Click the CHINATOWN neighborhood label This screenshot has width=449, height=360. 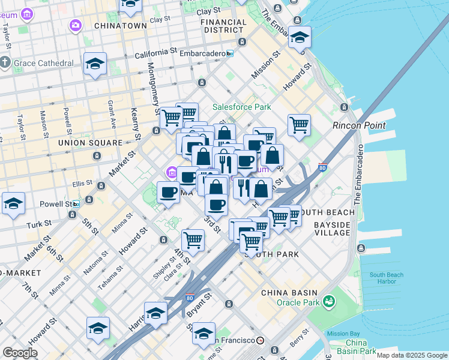[x=120, y=26]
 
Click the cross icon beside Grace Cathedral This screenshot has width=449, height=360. [x=5, y=62]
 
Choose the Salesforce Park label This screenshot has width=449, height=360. [x=241, y=107]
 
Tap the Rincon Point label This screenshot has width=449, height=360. [x=359, y=125]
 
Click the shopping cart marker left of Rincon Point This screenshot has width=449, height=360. [x=299, y=125]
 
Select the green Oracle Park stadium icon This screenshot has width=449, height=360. [x=328, y=301]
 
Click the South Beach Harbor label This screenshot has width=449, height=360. [x=387, y=278]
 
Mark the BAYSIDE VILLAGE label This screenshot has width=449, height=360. [x=332, y=229]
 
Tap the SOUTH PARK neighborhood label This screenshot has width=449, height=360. [x=275, y=254]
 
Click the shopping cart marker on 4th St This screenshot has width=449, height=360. [x=193, y=240]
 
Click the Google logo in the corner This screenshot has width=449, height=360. [x=20, y=353]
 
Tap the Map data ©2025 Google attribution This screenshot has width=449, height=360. [x=411, y=355]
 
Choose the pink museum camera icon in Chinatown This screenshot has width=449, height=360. [x=76, y=25]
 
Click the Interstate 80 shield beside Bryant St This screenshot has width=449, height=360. [x=190, y=296]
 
